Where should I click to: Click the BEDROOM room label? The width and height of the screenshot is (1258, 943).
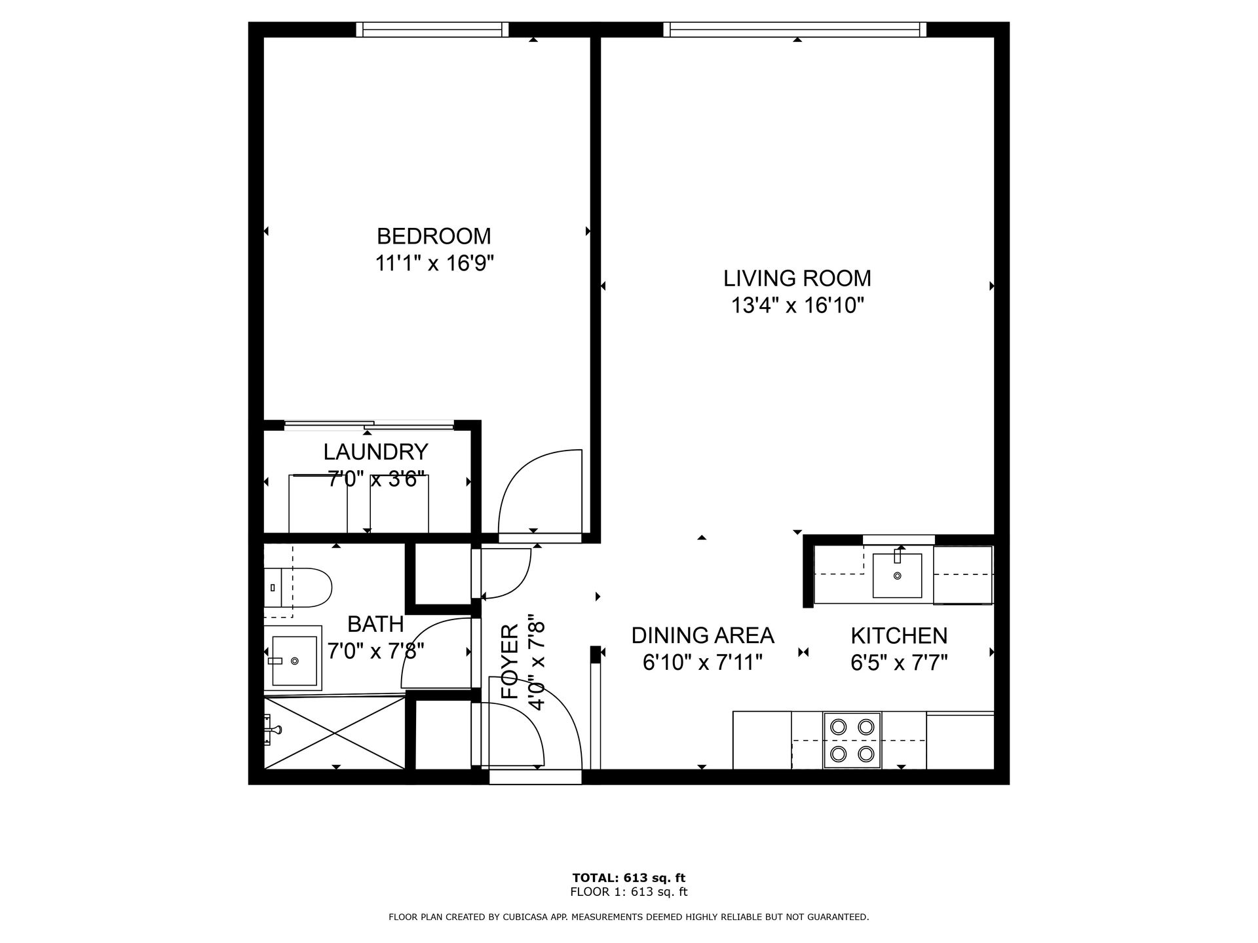click(x=433, y=236)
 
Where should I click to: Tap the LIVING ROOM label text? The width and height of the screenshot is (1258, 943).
click(x=797, y=278)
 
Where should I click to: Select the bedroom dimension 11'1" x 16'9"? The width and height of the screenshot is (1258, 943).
click(x=434, y=263)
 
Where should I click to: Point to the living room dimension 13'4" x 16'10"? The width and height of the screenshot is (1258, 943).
click(x=797, y=306)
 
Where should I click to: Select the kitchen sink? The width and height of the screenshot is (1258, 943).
click(x=897, y=575)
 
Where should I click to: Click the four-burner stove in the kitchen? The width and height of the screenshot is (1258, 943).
click(x=852, y=741)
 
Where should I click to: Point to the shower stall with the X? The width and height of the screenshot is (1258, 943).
click(x=335, y=733)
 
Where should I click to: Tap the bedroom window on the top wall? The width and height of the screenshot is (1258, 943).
click(x=432, y=29)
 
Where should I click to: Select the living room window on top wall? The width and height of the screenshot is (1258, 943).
click(x=795, y=29)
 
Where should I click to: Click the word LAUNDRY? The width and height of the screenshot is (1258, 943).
click(x=375, y=452)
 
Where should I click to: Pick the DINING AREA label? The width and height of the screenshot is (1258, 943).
click(x=702, y=635)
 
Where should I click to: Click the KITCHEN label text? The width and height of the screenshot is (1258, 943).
click(x=899, y=635)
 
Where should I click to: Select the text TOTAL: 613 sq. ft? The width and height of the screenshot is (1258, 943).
click(x=628, y=878)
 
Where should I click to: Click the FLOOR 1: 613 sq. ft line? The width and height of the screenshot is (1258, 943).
click(x=628, y=892)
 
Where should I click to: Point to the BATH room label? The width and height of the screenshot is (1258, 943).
click(x=375, y=624)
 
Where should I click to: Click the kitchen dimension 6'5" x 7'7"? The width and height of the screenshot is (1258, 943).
click(x=899, y=663)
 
